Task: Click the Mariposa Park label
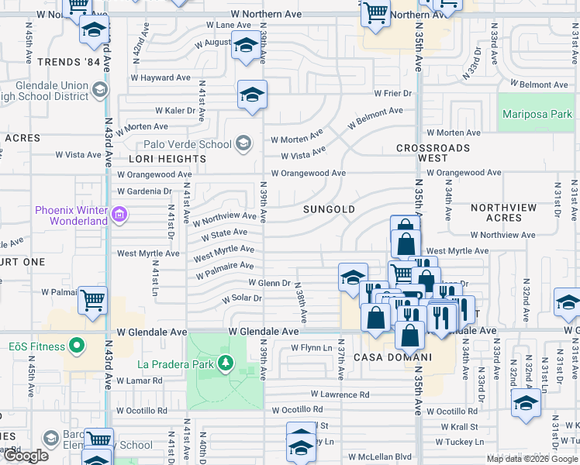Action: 537,114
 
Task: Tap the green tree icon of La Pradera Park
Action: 226,362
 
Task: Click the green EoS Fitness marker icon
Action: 76,346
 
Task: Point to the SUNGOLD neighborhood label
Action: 329,209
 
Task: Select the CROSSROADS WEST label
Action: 433,153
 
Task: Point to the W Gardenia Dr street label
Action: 144,191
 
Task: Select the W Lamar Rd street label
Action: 140,381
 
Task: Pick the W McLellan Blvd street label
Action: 379,456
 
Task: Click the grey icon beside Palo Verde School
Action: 243,142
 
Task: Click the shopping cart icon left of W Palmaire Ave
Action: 93,299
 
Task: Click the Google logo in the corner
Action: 26,456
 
